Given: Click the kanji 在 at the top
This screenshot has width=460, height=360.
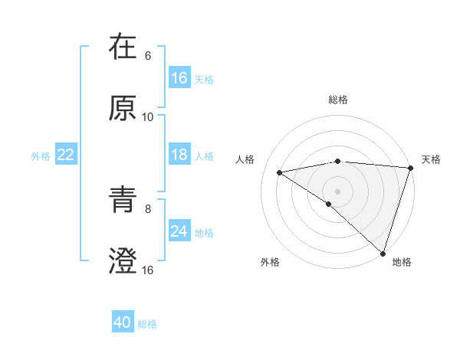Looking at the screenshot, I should [x=123, y=47].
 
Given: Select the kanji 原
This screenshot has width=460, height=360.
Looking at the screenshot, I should [x=123, y=109].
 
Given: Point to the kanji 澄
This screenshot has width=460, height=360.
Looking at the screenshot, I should [x=123, y=261].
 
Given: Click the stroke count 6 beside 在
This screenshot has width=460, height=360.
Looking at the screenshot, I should [x=148, y=56].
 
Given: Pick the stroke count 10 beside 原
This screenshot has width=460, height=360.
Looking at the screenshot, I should [x=148, y=117].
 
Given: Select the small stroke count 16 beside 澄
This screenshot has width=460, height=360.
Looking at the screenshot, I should [x=148, y=270].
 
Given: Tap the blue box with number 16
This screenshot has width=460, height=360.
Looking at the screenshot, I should [x=179, y=78].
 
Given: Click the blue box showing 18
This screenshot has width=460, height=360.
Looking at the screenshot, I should [x=179, y=155].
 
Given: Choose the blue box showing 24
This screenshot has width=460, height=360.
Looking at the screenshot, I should [x=179, y=231].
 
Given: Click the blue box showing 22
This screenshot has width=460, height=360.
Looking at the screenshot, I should [x=66, y=155].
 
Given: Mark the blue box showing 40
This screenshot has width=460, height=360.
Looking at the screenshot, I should [x=123, y=323].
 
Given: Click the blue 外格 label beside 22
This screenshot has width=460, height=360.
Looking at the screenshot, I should [x=41, y=155].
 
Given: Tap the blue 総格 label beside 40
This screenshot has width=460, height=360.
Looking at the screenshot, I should [x=147, y=324].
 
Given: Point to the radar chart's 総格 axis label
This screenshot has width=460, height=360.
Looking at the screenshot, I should [x=338, y=100].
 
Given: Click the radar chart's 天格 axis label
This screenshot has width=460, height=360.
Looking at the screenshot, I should [x=431, y=159].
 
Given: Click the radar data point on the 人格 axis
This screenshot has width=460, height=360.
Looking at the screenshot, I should [x=280, y=172].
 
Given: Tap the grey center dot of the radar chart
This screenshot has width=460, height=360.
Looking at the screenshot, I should [x=338, y=191].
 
